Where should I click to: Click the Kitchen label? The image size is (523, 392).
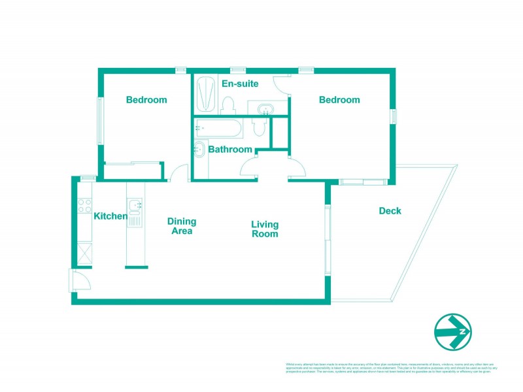point(110,216)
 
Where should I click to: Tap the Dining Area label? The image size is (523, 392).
point(181,226)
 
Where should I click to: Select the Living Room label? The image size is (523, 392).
point(265,229)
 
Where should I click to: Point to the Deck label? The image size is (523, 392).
point(390,211)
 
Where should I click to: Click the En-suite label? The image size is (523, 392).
point(240,84)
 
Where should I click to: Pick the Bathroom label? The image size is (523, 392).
point(230,150)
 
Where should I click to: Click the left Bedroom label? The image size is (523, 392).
point(146,100)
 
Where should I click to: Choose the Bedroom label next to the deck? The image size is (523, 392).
point(339,100)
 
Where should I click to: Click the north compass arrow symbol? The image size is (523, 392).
point(454,332)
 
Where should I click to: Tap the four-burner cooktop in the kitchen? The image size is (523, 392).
point(85,206)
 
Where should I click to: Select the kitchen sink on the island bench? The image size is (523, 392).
point(135,207)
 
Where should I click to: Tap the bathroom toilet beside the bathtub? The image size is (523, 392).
point(259,126)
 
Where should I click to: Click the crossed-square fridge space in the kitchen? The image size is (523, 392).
point(85,253)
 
